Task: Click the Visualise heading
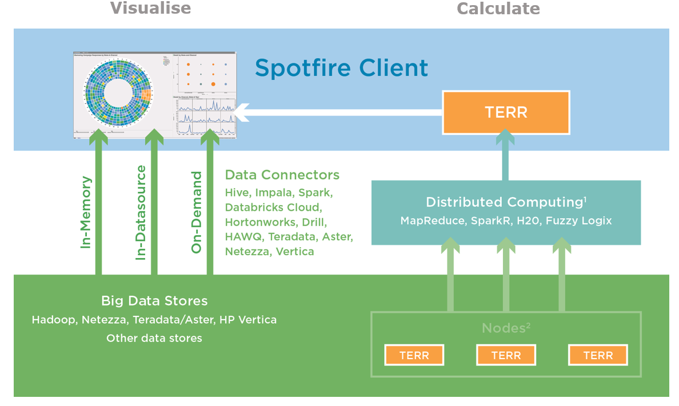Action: click(x=150, y=8)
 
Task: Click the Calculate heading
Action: click(x=497, y=9)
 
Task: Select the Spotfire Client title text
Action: click(x=341, y=67)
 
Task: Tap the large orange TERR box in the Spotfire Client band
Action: click(x=506, y=112)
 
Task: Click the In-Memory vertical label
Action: click(x=86, y=212)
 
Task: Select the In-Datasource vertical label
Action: click(x=141, y=213)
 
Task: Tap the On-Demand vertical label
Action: click(x=196, y=212)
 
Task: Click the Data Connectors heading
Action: click(x=282, y=175)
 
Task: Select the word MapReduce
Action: click(x=432, y=220)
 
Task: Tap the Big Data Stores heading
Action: click(x=154, y=301)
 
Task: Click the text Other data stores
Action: click(x=154, y=338)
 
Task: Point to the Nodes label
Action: click(x=506, y=328)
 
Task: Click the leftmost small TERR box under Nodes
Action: click(x=414, y=355)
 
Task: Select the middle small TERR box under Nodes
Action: click(x=506, y=355)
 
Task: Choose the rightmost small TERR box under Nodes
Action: click(x=598, y=355)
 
